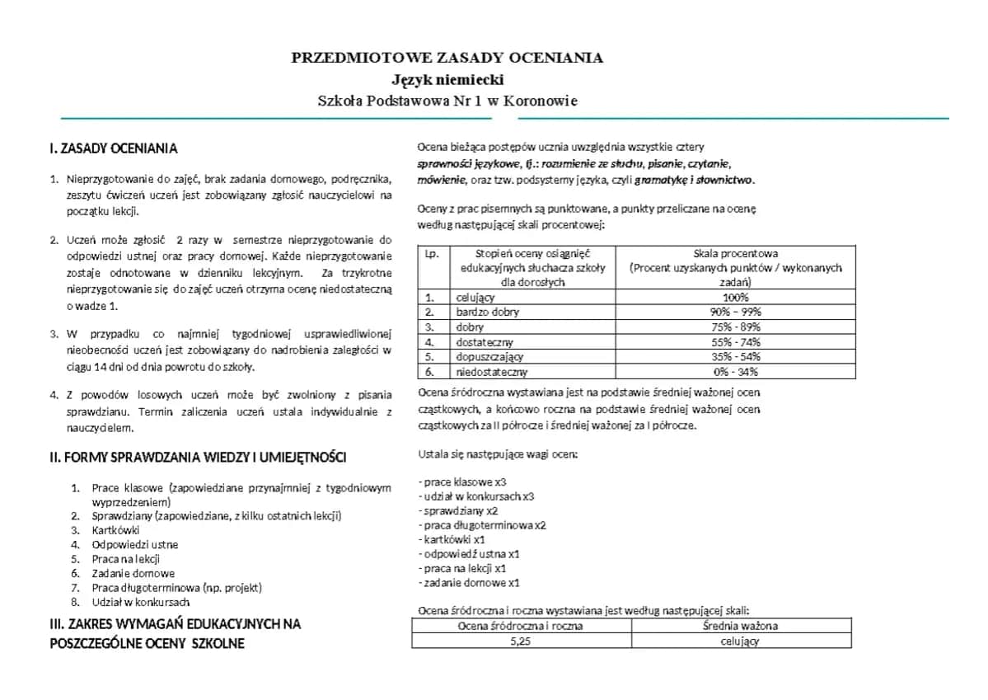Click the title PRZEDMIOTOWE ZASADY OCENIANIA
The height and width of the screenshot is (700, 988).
click(x=447, y=58)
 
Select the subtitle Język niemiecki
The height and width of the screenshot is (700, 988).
click(x=447, y=80)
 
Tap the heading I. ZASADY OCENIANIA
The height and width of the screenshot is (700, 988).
click(x=114, y=149)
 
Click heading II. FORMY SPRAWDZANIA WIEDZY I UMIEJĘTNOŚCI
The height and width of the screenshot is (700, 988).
click(x=199, y=458)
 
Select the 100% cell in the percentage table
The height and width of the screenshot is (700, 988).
click(x=735, y=297)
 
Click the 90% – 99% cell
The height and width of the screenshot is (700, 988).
click(x=735, y=312)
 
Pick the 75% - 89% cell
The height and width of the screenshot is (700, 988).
click(x=735, y=327)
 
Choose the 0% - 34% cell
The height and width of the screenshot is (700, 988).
click(x=735, y=372)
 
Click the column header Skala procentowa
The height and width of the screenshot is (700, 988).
click(x=735, y=253)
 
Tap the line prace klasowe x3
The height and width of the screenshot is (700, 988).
click(x=462, y=482)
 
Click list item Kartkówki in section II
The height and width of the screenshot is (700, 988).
click(x=115, y=530)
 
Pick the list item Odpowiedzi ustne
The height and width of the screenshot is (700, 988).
click(x=134, y=544)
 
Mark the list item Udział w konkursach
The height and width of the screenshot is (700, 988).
click(x=141, y=603)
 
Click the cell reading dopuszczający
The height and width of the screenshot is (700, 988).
click(x=489, y=357)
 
